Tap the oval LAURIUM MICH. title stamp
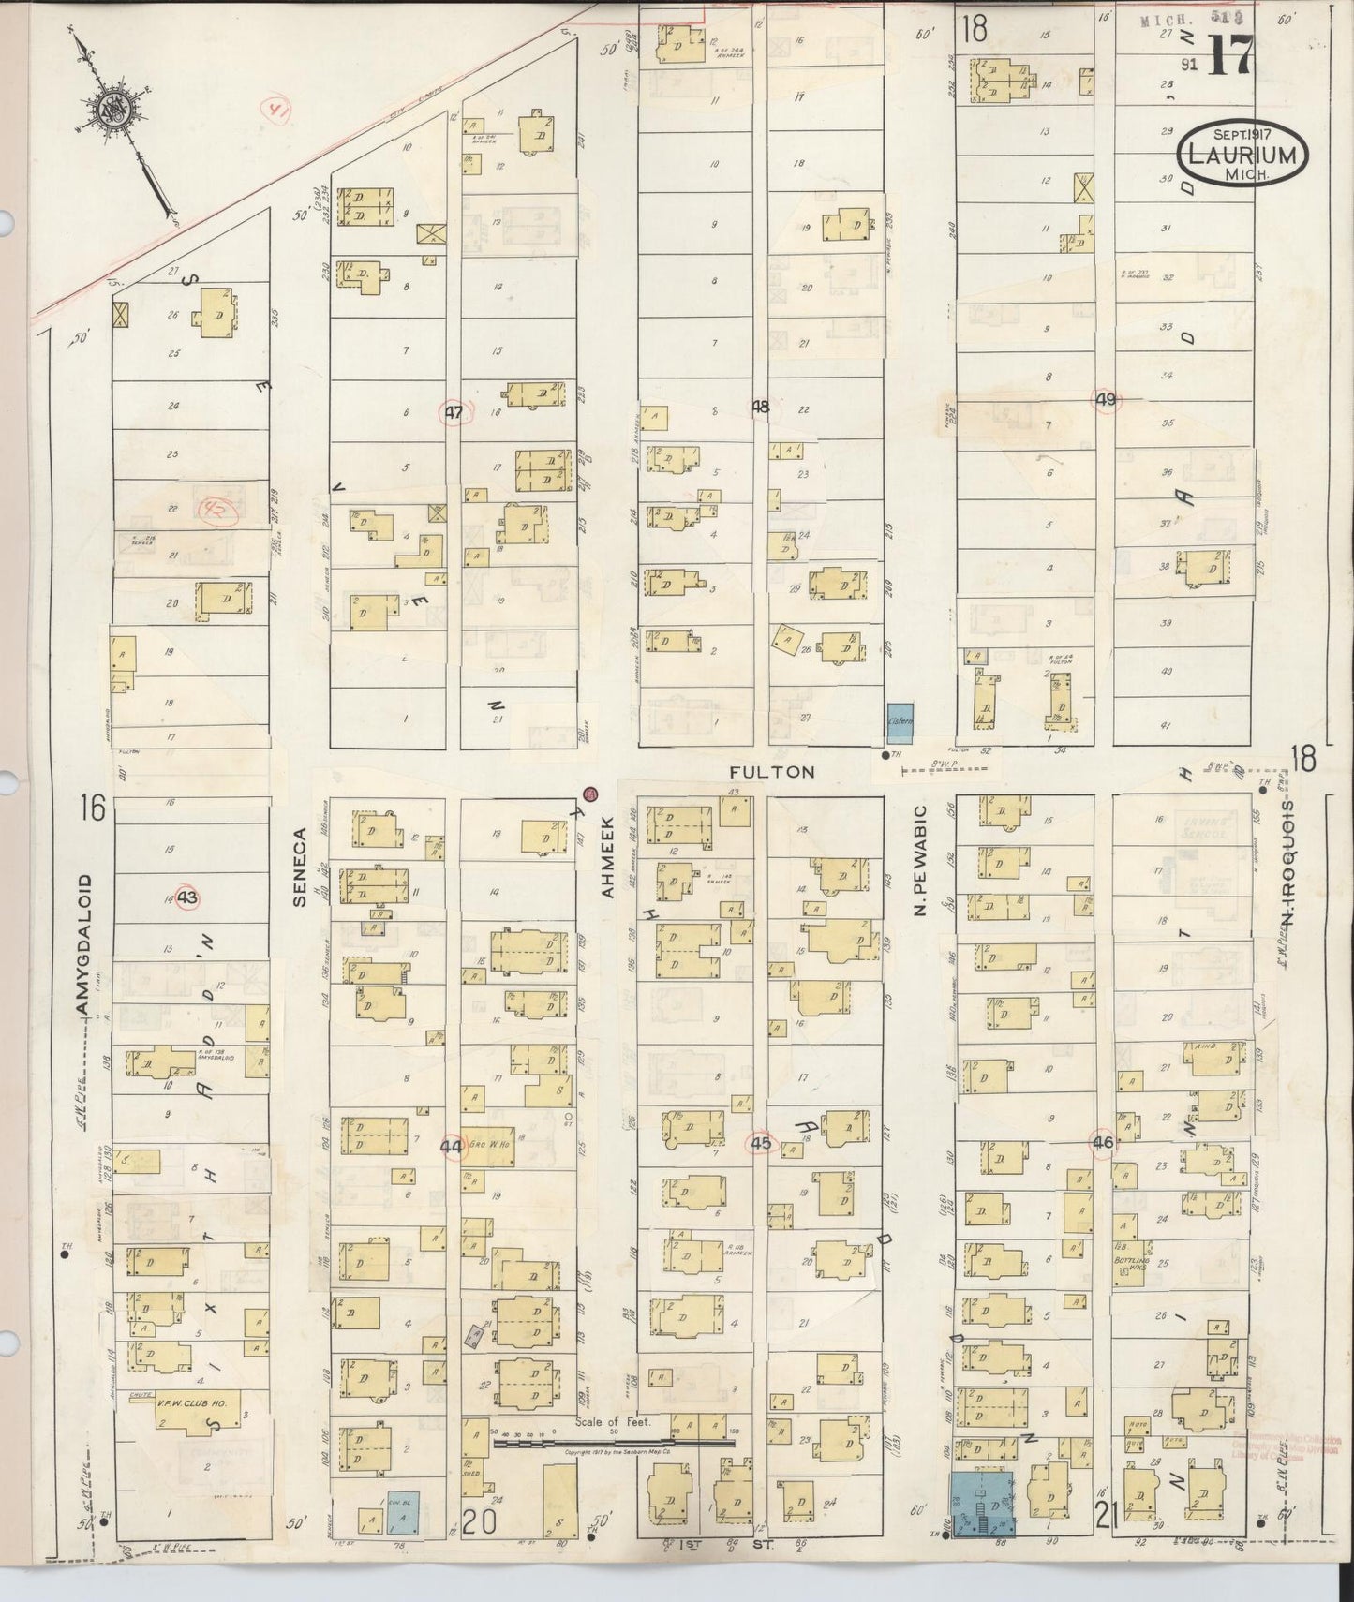pyautogui.click(x=1242, y=155)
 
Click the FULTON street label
pyautogui.click(x=773, y=772)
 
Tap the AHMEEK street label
pyautogui.click(x=606, y=867)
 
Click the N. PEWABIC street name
pyautogui.click(x=919, y=859)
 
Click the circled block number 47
pyautogui.click(x=454, y=411)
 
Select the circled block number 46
pyautogui.click(x=1102, y=1142)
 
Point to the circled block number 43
pyautogui.click(x=187, y=897)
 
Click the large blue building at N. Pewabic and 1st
pyautogui.click(x=982, y=1503)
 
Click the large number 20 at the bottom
pyautogui.click(x=477, y=1523)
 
